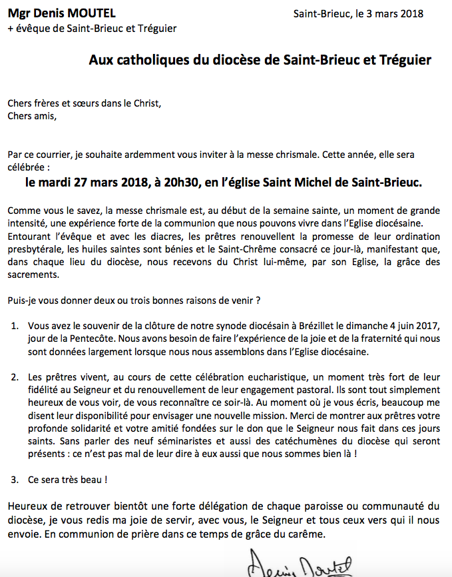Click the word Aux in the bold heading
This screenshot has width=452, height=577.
click(x=100, y=61)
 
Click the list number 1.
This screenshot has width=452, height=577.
click(x=14, y=326)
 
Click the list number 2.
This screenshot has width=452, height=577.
click(x=14, y=377)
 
